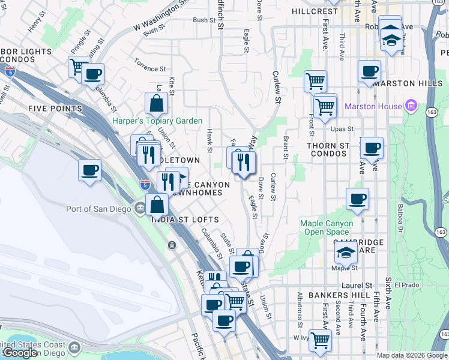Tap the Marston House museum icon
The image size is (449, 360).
point(411,106)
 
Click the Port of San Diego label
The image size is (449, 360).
point(97,209)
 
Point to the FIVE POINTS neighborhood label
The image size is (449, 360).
point(55,109)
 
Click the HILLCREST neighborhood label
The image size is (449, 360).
point(315,11)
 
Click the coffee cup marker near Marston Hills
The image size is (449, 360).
point(369,71)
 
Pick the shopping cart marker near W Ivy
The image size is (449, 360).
point(320,340)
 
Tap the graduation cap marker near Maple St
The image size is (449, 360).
point(346,253)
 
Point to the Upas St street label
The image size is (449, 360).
point(342,128)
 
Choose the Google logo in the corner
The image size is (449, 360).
point(20,353)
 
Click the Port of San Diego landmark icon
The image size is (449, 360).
point(140,208)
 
